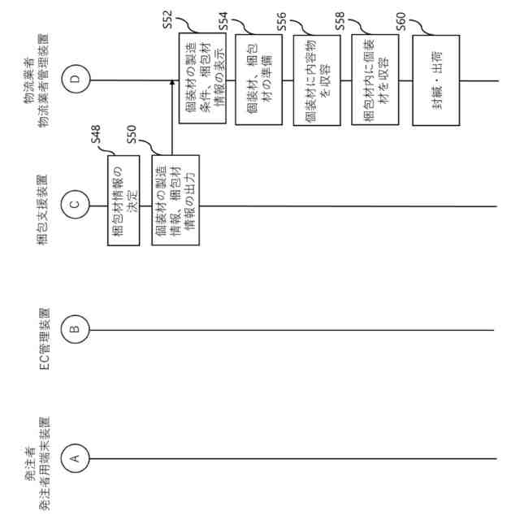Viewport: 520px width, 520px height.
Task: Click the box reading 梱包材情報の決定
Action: click(123, 206)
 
